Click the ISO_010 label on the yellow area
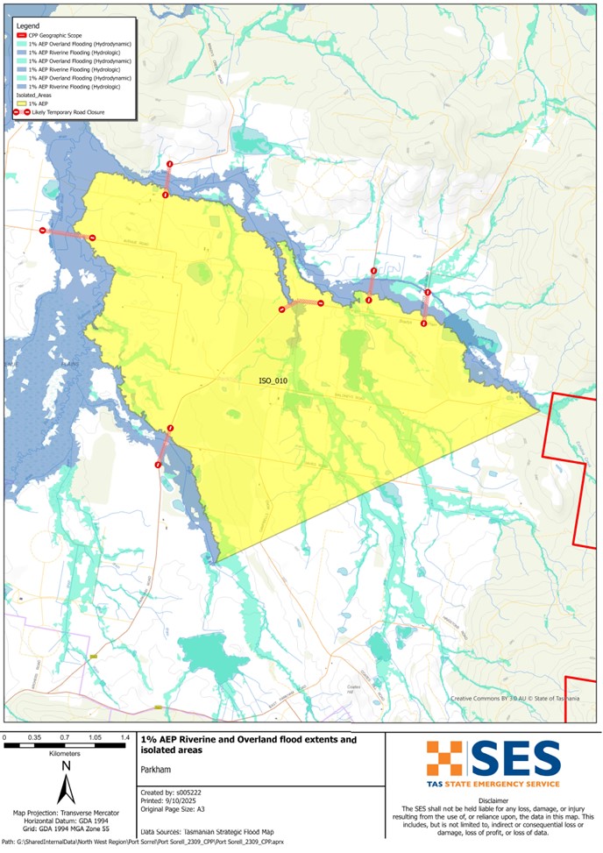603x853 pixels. tap(273, 381)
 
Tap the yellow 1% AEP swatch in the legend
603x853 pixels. tap(21, 103)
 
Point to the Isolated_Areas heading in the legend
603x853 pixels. tap(35, 96)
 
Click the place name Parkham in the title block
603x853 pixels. tap(156, 769)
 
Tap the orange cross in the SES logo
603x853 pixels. tap(444, 758)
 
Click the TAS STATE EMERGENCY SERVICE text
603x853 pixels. tap(493, 783)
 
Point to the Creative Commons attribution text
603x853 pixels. tap(514, 699)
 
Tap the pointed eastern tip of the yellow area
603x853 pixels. tap(538, 409)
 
